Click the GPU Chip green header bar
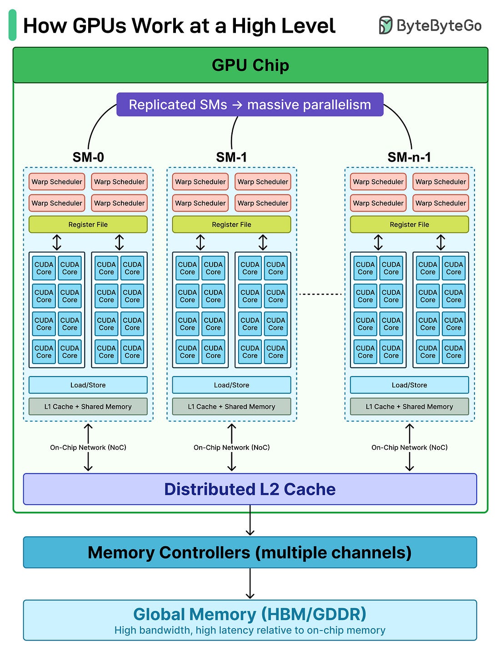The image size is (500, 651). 250,65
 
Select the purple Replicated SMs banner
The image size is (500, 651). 250,105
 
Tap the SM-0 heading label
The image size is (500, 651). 88,157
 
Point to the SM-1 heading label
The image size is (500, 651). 231,157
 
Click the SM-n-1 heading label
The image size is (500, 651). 409,157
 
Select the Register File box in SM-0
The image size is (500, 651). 88,224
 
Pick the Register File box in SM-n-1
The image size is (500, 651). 410,224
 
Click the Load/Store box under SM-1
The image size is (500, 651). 231,385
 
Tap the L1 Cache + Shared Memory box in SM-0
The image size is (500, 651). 88,407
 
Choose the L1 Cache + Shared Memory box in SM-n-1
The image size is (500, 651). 410,407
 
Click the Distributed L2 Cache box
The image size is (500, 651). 250,489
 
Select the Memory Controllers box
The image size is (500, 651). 250,552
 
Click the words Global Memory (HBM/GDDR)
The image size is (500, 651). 250,614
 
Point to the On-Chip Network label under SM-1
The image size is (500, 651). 231,448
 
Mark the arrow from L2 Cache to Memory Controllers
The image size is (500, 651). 250,520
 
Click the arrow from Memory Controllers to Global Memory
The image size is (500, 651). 250,584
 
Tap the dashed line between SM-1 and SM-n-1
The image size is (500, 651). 320,294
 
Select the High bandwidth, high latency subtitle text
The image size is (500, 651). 250,631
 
